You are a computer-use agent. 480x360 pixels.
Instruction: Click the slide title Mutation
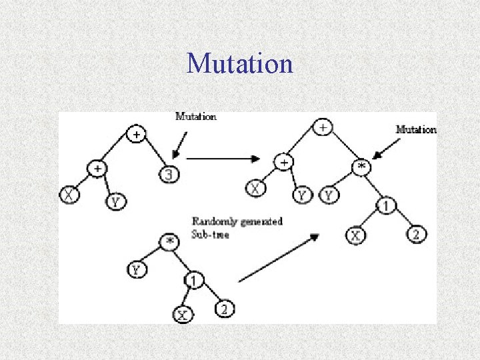pyautogui.click(x=239, y=63)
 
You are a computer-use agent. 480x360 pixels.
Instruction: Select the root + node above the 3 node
pyautogui.click(x=136, y=135)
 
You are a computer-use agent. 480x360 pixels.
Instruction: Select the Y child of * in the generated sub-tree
pyautogui.click(x=135, y=270)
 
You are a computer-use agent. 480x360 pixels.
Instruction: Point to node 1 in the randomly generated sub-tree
pyautogui.click(x=193, y=281)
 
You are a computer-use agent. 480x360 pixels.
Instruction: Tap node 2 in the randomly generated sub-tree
pyautogui.click(x=224, y=309)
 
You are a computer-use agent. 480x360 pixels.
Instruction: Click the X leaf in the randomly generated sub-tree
pyautogui.click(x=182, y=314)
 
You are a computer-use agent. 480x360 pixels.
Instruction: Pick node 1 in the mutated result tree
pyautogui.click(x=385, y=206)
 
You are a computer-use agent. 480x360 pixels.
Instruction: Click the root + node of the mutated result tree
pyautogui.click(x=323, y=127)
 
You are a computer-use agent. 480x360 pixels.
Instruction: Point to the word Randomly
pyautogui.click(x=212, y=221)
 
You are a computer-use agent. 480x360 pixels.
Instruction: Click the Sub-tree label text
pyautogui.click(x=210, y=235)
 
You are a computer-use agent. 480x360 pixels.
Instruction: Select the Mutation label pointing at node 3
pyautogui.click(x=196, y=116)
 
